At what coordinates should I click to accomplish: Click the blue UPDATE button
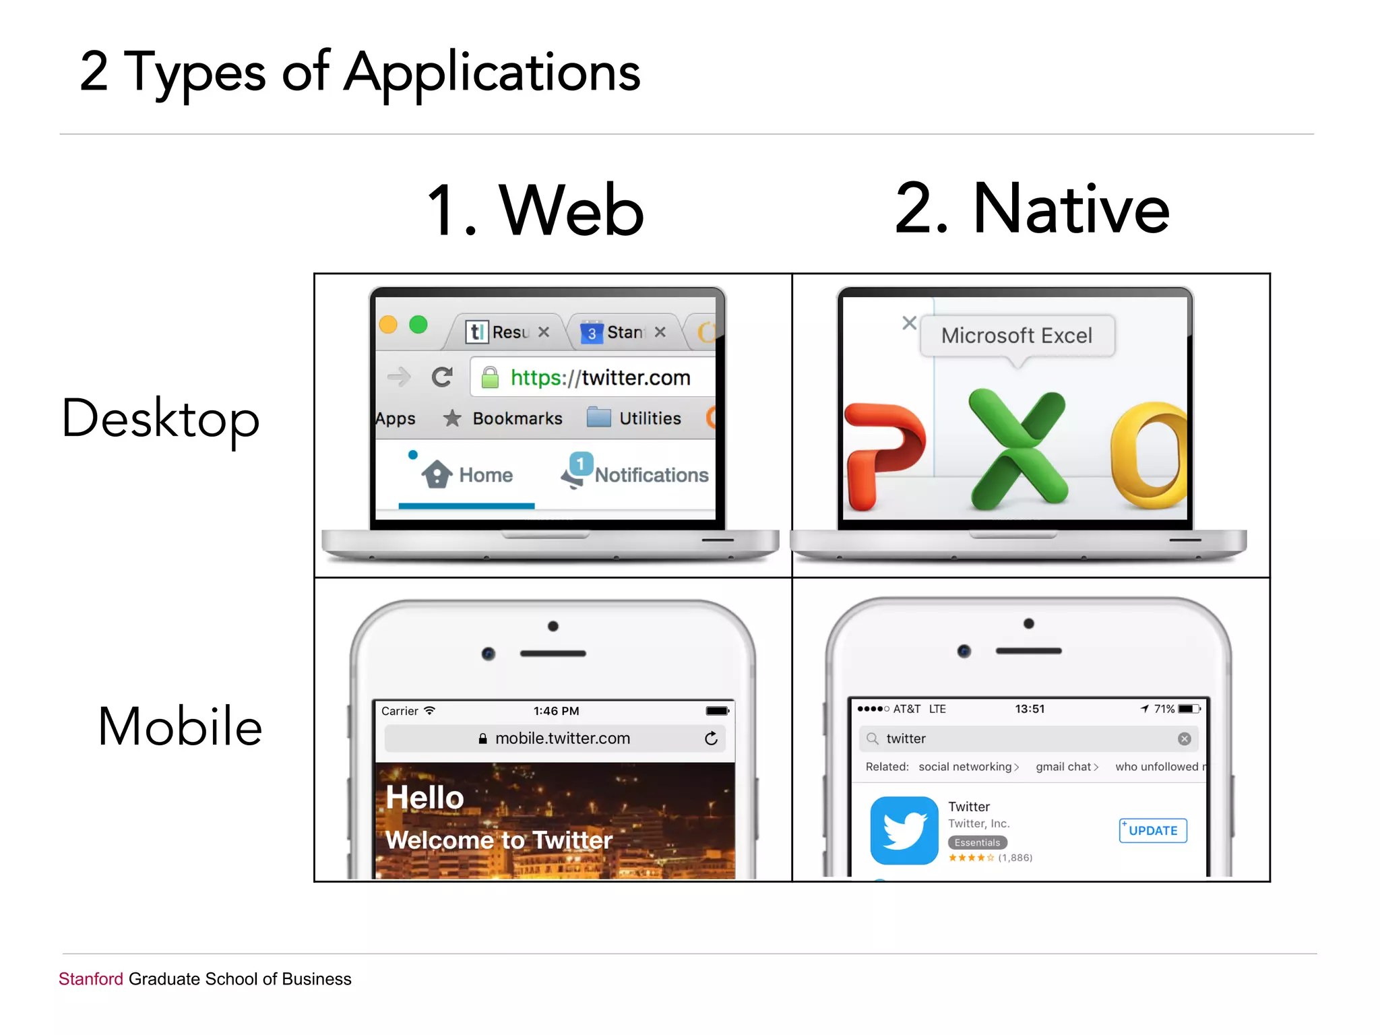[x=1152, y=830]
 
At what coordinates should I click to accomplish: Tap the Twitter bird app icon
[x=904, y=830]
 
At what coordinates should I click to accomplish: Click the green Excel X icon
[x=1018, y=448]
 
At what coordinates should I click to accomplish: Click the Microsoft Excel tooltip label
[x=1017, y=336]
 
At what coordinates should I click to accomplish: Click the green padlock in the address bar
[x=490, y=377]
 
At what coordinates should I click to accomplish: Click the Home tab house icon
[x=437, y=474]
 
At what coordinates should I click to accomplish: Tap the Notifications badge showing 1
[x=580, y=464]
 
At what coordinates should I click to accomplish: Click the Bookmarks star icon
[x=452, y=418]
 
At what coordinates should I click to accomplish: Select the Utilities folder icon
[x=598, y=418]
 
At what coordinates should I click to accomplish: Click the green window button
[x=418, y=325]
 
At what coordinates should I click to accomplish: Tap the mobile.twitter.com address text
[x=562, y=739]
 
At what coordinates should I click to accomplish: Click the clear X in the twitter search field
[x=1184, y=739]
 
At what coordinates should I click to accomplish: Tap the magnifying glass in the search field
[x=873, y=739]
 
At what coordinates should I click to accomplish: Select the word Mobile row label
[x=180, y=726]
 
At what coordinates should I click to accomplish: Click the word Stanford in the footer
[x=91, y=979]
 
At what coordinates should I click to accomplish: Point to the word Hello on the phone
[x=425, y=798]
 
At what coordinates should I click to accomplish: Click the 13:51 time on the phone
[x=1030, y=709]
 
